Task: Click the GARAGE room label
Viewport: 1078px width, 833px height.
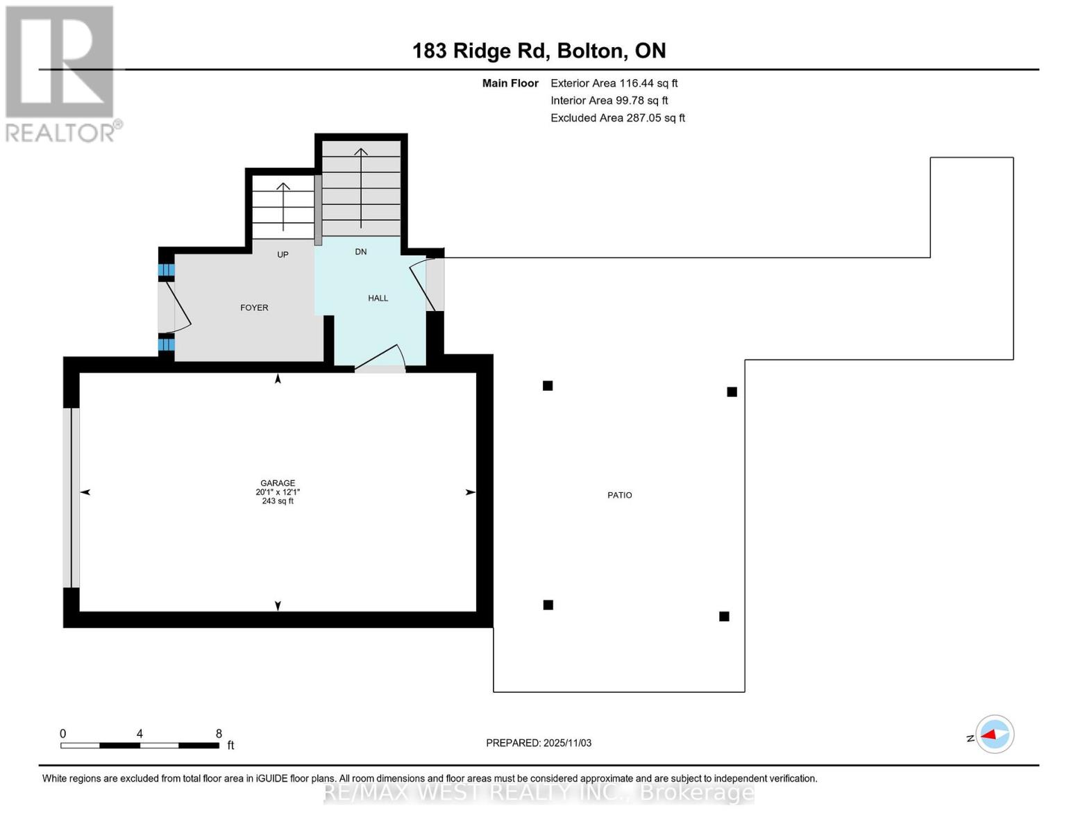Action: coord(278,483)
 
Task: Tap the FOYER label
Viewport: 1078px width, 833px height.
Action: coord(254,308)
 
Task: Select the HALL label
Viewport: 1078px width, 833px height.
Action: coord(378,298)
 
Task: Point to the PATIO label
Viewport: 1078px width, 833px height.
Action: coord(619,495)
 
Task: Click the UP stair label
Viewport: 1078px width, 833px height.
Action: coord(283,255)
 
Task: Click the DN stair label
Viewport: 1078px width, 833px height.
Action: coord(360,252)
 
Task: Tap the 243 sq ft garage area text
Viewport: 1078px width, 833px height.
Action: coord(278,501)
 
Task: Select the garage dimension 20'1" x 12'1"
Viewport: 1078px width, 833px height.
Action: coord(278,492)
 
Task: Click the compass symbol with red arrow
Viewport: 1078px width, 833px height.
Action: coord(995,734)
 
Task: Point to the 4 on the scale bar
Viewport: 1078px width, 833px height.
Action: coord(140,734)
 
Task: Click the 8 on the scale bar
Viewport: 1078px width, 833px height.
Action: coord(219,734)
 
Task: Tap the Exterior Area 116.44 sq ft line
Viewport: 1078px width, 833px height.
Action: coord(614,83)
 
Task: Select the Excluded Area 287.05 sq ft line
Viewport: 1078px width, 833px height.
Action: coord(618,118)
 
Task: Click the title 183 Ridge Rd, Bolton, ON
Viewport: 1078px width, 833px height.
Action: coord(539,51)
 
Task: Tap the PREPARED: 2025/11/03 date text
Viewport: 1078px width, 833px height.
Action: coord(539,743)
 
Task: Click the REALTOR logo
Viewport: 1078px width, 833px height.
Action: coord(61,73)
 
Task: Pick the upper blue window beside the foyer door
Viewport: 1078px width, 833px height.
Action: coord(166,270)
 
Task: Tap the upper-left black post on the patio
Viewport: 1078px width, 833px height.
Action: coord(548,386)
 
